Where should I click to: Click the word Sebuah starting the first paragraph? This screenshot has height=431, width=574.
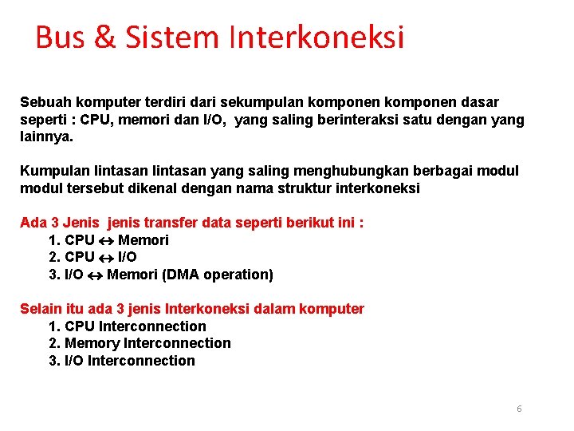coord(46,102)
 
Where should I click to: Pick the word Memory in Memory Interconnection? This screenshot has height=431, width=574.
coord(92,343)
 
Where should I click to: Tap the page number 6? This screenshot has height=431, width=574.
coord(519,409)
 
